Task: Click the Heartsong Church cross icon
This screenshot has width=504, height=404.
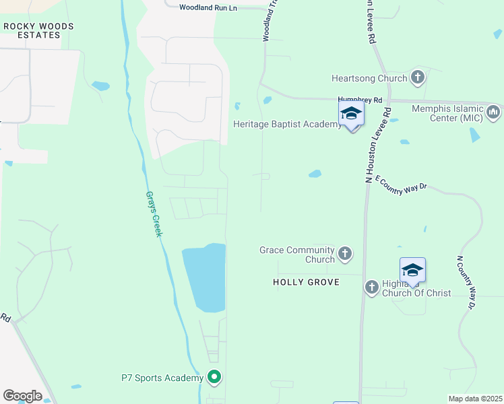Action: click(x=418, y=77)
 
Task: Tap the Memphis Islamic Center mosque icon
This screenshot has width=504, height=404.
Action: click(x=493, y=110)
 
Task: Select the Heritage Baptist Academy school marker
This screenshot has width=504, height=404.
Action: click(x=351, y=114)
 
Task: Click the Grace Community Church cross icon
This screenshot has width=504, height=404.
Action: click(x=344, y=254)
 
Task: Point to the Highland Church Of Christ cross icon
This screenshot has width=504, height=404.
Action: click(x=371, y=288)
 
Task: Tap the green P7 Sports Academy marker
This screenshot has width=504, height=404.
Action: click(x=214, y=377)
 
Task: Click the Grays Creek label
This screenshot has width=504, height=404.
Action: click(x=154, y=213)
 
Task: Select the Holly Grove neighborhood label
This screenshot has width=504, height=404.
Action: click(x=306, y=282)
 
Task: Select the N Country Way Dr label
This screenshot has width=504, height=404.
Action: click(x=465, y=282)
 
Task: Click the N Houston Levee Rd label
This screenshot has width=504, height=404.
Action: click(x=377, y=145)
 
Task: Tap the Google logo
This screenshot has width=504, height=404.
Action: click(x=22, y=396)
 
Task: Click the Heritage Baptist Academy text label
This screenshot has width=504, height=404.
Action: click(x=287, y=124)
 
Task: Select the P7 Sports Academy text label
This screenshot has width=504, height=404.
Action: click(x=162, y=378)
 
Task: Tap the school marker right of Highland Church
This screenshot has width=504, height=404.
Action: click(x=412, y=271)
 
